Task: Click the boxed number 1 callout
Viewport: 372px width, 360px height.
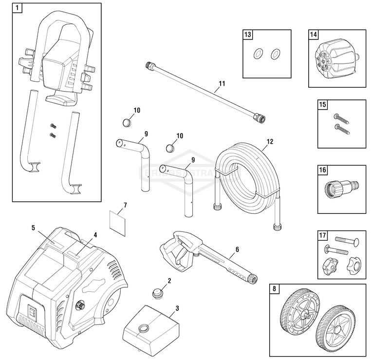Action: [x=18, y=8]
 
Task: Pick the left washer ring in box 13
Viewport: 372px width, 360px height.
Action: [x=259, y=53]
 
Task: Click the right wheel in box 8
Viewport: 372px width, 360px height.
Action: [x=335, y=323]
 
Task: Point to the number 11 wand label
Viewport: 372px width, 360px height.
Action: [x=222, y=84]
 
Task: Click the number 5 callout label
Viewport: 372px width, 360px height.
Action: [x=33, y=227]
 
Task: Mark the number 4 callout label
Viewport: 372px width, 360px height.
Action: [x=95, y=234]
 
